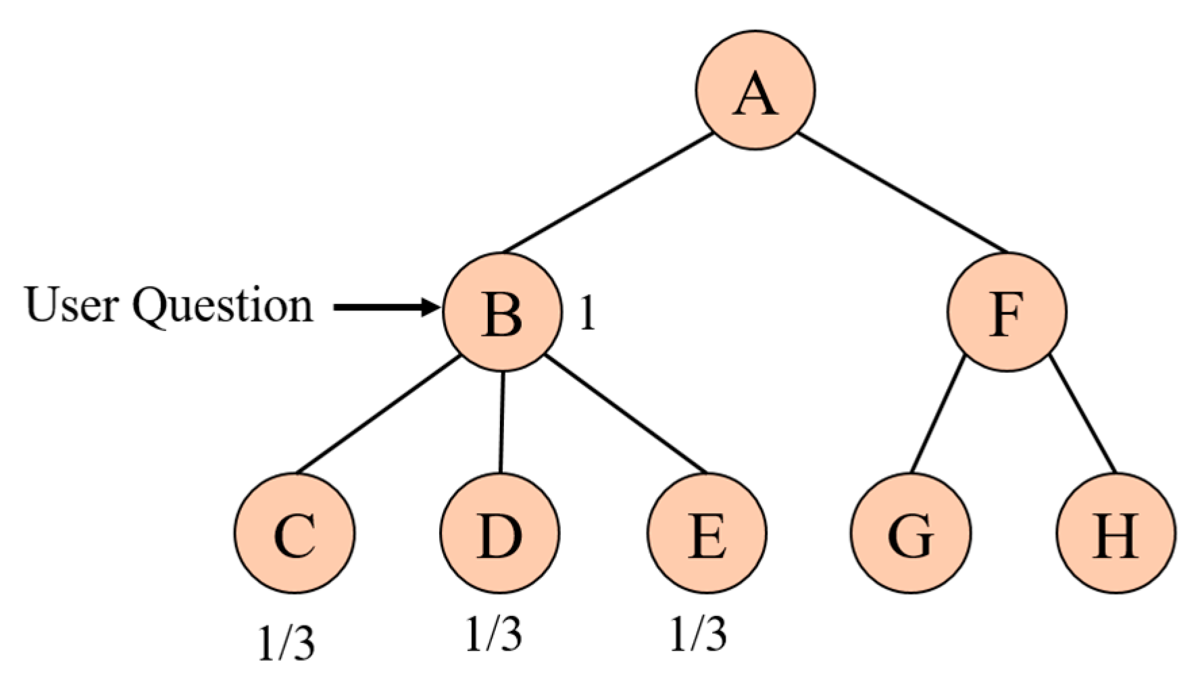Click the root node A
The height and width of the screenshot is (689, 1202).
coord(755,90)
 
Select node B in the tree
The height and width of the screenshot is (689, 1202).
coord(502,312)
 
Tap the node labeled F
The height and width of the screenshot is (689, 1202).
coord(1006,312)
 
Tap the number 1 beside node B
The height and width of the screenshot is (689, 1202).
coord(587,313)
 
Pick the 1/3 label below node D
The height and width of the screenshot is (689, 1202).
coord(494,634)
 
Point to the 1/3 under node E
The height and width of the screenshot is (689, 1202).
coord(699,634)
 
